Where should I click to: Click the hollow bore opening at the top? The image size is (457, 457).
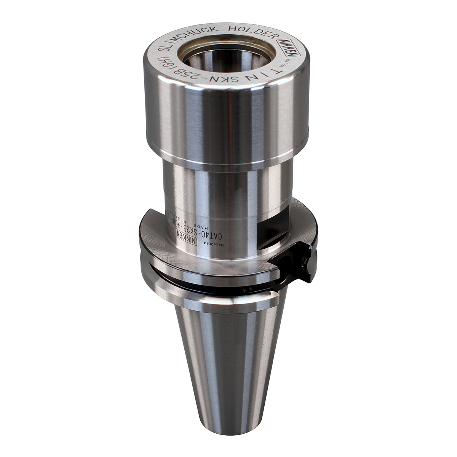225,57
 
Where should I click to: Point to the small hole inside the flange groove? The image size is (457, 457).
246,291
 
